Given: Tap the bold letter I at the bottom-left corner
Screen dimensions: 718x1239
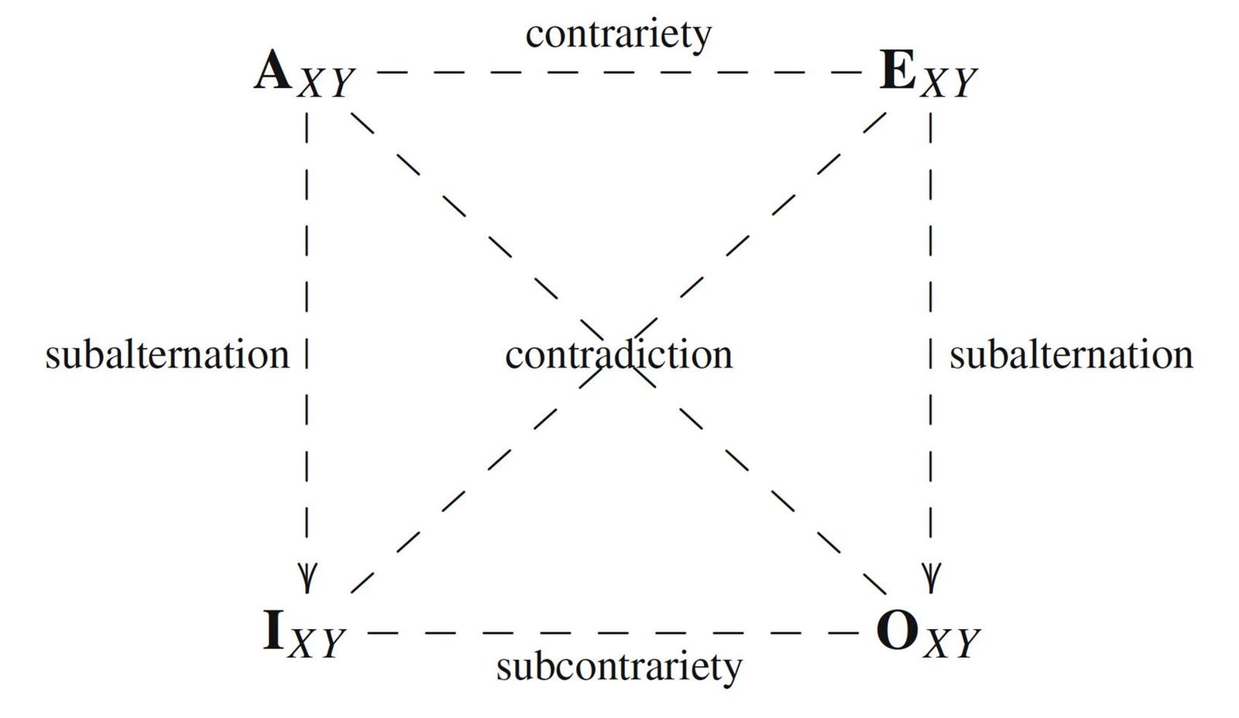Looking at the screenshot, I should coord(273,631).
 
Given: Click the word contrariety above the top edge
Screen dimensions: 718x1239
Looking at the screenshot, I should coord(618,35).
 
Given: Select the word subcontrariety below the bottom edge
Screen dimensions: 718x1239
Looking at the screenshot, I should coord(619,666).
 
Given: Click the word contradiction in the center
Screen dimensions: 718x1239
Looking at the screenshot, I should coord(619,356).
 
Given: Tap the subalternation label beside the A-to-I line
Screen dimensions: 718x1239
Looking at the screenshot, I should coord(167,356).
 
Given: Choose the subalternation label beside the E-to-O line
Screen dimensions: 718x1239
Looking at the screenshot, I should coord(1071,356).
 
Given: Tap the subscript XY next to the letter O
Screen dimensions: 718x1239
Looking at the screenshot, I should coord(952,643).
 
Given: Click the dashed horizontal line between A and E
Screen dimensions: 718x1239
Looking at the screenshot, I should coord(618,72).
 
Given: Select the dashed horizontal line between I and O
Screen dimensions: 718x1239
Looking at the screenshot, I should coord(612,632).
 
